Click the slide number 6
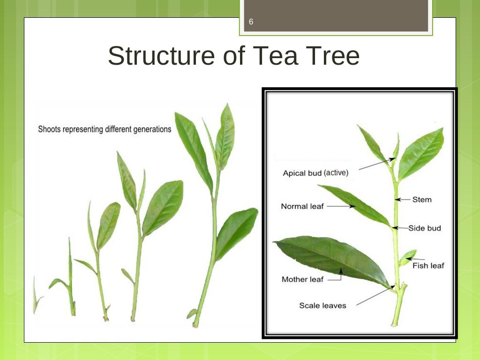pyautogui.click(x=251, y=22)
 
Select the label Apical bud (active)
pyautogui.click(x=315, y=172)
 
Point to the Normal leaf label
pyautogui.click(x=302, y=206)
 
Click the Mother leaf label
pyautogui.click(x=302, y=279)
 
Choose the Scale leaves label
pyautogui.click(x=322, y=306)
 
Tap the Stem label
pyautogui.click(x=422, y=200)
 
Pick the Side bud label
pyautogui.click(x=425, y=228)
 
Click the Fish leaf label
pyautogui.click(x=428, y=266)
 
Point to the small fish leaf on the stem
pyautogui.click(x=407, y=257)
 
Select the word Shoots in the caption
pyautogui.click(x=49, y=129)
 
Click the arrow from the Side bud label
pyautogui.click(x=400, y=228)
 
